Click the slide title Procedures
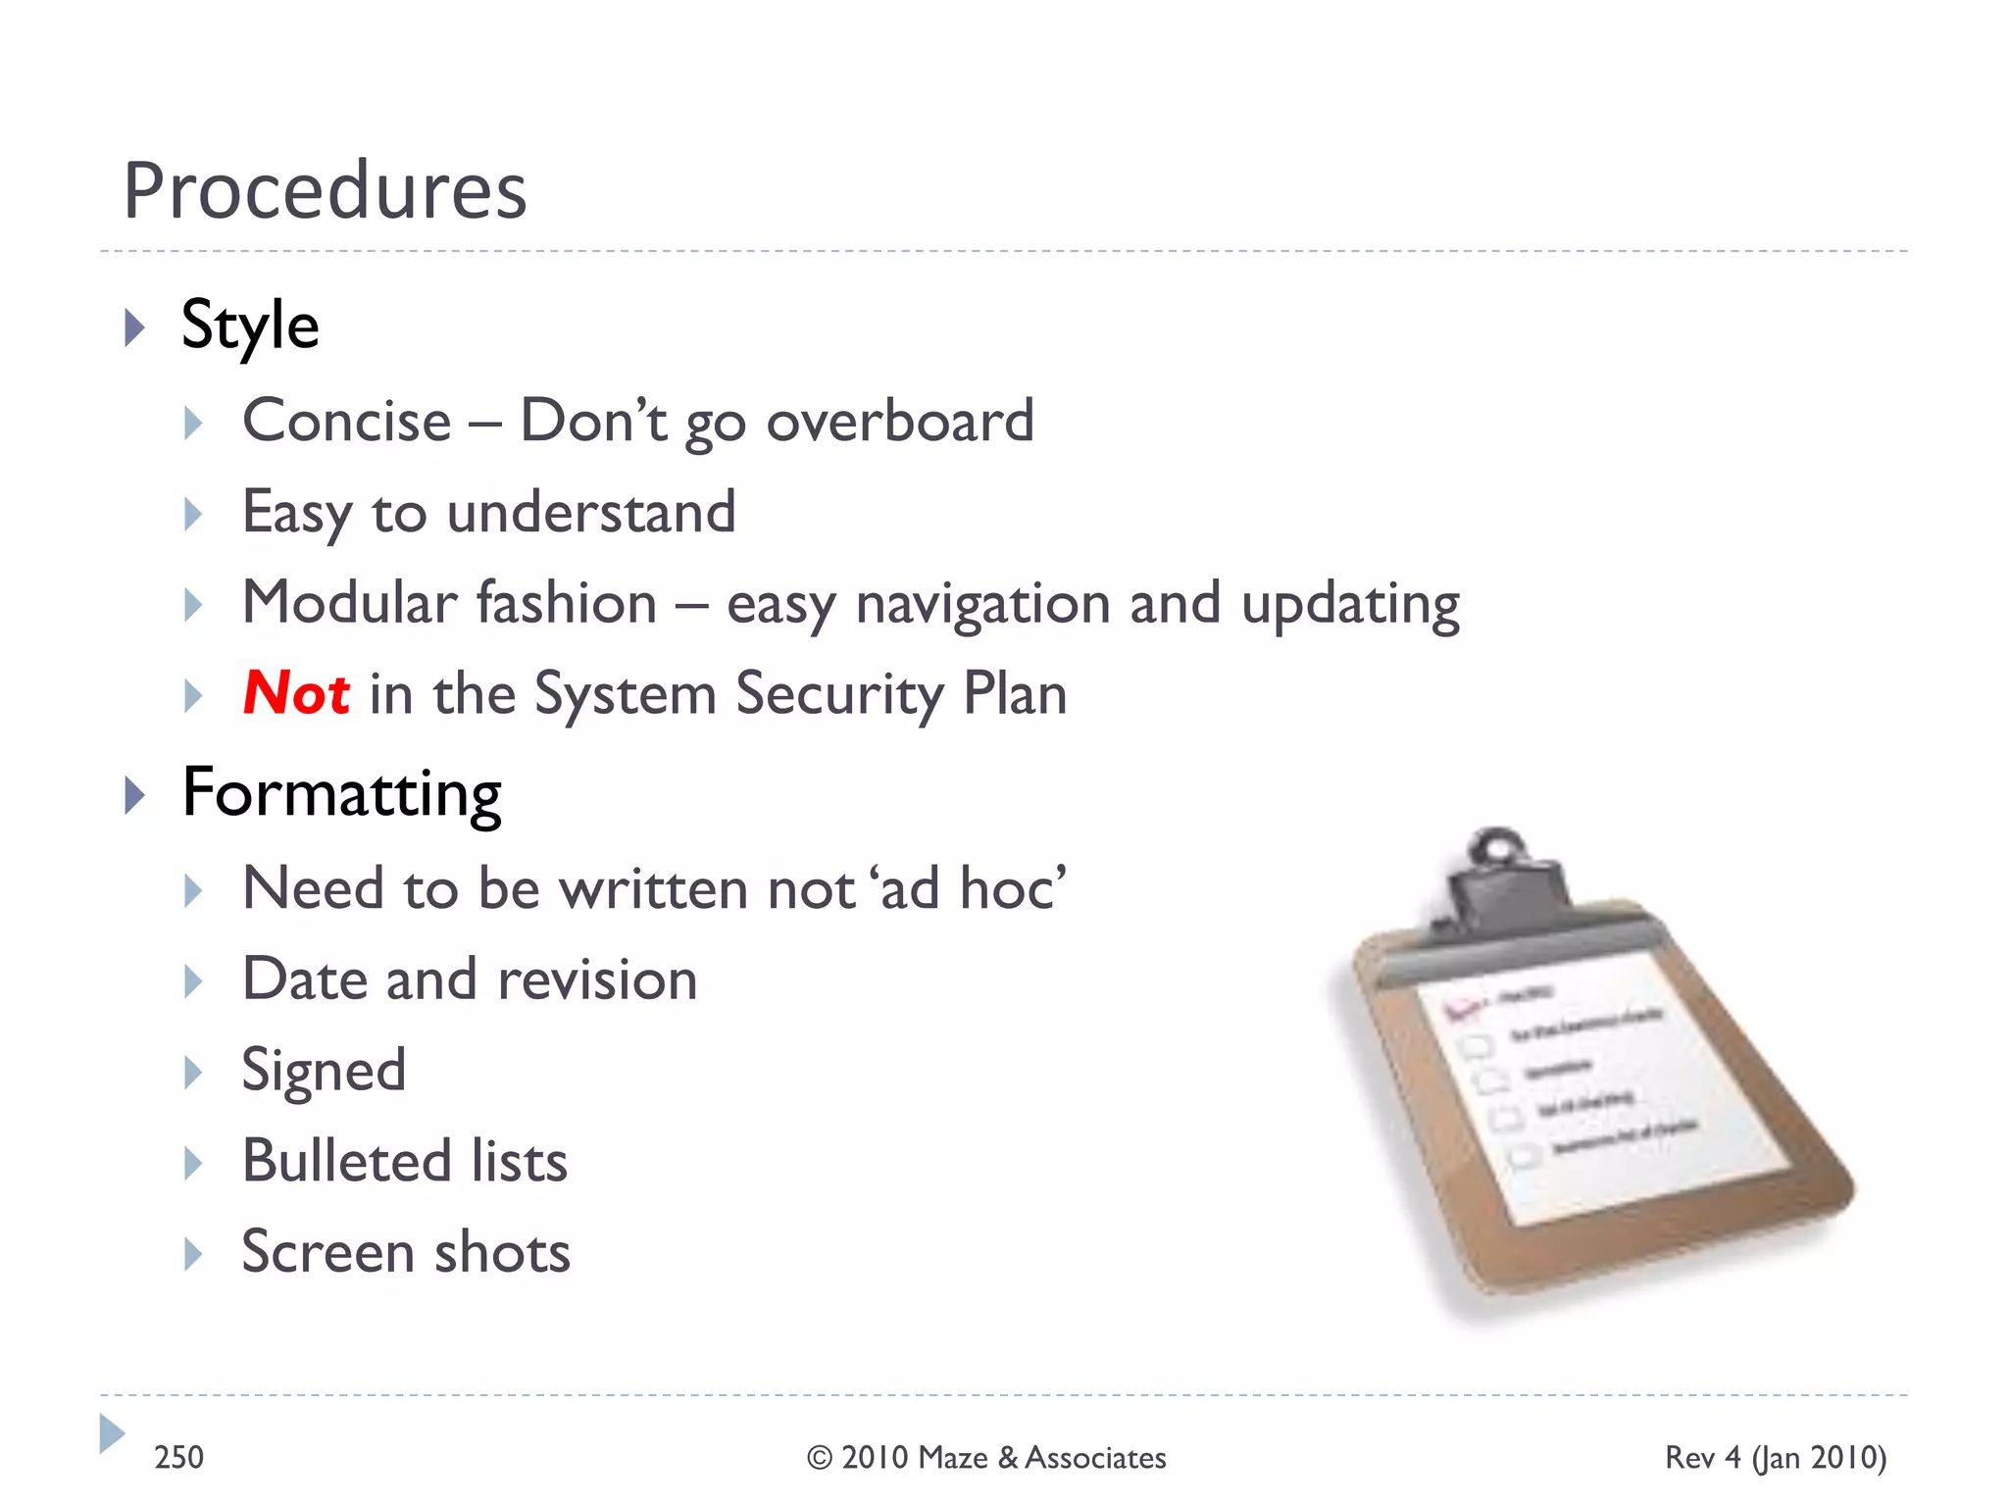(325, 190)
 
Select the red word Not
(295, 693)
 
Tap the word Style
(250, 326)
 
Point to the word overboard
(899, 422)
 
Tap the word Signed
(324, 1071)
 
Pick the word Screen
(328, 1252)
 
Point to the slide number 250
(178, 1457)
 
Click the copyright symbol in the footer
(820, 1458)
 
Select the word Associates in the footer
(1095, 1458)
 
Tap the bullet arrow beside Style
(135, 327)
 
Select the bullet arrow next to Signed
(193, 1072)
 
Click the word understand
(590, 512)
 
